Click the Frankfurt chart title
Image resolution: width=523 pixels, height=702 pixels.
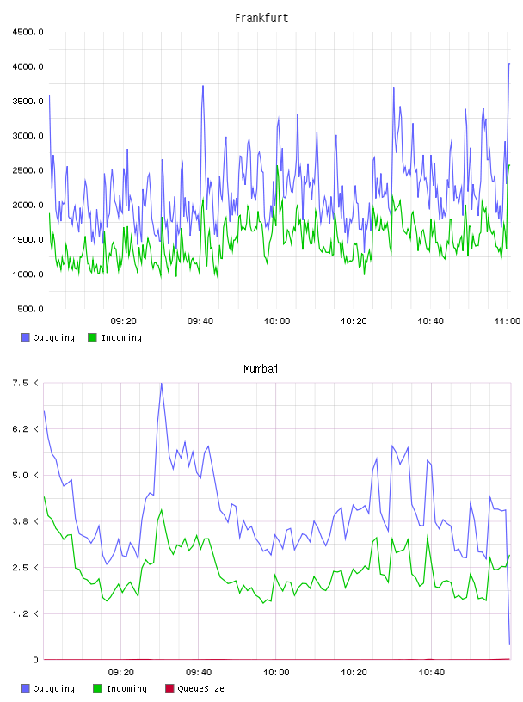click(261, 18)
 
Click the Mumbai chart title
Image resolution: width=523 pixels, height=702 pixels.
click(261, 369)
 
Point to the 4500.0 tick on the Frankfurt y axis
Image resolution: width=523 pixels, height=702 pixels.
click(28, 32)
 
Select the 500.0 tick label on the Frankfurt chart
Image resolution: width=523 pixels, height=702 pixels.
click(30, 309)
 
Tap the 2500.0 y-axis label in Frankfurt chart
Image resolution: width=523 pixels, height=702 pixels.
click(28, 170)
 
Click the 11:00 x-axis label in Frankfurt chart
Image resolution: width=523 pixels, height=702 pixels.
click(507, 322)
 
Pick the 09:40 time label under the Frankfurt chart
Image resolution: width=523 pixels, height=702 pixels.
click(200, 322)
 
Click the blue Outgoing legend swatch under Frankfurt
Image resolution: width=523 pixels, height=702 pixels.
click(25, 337)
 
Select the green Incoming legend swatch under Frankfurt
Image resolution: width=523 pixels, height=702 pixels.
click(92, 337)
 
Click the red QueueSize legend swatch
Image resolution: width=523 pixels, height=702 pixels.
click(169, 688)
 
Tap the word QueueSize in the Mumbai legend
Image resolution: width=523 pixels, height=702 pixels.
click(200, 688)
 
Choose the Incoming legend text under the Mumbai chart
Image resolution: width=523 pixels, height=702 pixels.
click(126, 688)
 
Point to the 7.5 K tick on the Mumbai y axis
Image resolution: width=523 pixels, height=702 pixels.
click(25, 383)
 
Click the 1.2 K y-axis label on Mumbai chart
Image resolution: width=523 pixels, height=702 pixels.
click(25, 613)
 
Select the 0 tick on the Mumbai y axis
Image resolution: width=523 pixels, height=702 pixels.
click(35, 660)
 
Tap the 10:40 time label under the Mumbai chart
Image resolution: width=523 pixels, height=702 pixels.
click(432, 673)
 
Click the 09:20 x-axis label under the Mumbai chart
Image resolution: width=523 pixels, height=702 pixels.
click(121, 673)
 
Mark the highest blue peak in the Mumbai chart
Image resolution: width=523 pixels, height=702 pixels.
click(161, 384)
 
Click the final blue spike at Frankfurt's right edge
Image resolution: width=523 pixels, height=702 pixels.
click(509, 64)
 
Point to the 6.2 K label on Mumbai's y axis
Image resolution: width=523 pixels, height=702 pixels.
click(25, 429)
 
